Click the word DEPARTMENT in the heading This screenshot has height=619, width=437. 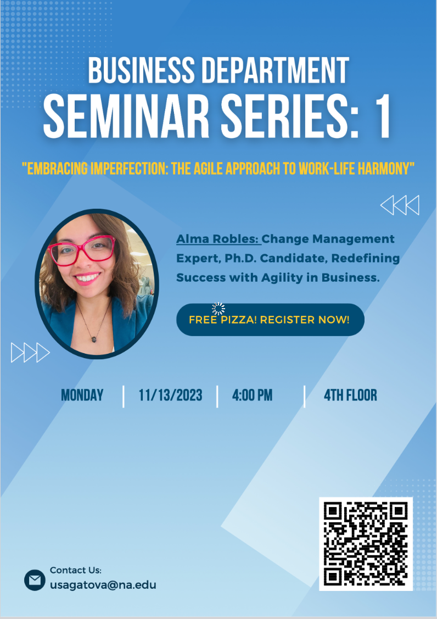[276, 70]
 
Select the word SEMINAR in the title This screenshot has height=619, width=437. [126, 117]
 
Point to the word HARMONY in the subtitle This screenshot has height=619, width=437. [384, 169]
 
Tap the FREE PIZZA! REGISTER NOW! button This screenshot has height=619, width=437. [270, 320]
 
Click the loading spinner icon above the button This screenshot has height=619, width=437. [218, 309]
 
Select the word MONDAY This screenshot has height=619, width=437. [82, 395]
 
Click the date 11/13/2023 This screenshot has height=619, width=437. [170, 395]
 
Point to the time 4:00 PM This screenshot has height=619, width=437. [252, 395]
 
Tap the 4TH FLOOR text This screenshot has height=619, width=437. [351, 395]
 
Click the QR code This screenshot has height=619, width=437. [366, 544]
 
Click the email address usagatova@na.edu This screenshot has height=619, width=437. [103, 585]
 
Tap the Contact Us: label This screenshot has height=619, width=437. [76, 570]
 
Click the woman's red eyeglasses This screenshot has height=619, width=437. [81, 250]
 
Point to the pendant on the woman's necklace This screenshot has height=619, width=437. [94, 339]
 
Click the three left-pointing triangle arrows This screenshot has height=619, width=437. [400, 205]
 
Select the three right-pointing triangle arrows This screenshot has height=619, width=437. [30, 353]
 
